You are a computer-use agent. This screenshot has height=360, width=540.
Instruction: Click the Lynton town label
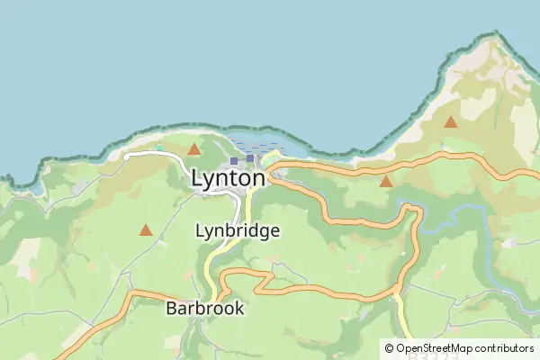click(229, 179)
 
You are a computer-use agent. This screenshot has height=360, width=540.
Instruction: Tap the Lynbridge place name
click(238, 230)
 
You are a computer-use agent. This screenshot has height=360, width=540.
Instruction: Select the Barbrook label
click(205, 308)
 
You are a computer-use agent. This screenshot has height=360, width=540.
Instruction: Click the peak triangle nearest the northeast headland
click(450, 121)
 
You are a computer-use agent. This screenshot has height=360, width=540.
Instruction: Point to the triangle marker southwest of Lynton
click(146, 230)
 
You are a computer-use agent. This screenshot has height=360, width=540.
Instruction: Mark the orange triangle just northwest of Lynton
click(194, 148)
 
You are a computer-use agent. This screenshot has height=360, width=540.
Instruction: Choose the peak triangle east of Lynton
click(386, 182)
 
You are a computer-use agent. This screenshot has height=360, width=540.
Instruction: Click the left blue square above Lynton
click(234, 160)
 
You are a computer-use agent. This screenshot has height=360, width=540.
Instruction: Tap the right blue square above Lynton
click(251, 158)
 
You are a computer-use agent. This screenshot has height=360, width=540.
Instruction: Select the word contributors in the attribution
click(507, 348)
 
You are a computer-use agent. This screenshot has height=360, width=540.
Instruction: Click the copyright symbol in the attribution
click(389, 348)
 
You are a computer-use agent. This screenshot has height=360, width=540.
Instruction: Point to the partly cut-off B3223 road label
click(427, 355)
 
